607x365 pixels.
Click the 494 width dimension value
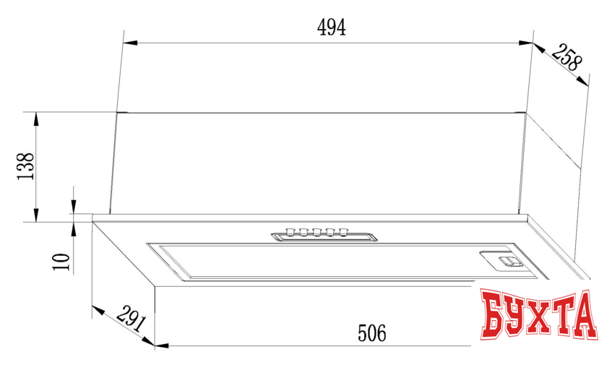click(x=332, y=27)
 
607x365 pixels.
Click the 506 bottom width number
click(x=372, y=334)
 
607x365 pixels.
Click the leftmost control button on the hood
click(x=290, y=232)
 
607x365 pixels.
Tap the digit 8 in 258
click(x=574, y=64)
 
